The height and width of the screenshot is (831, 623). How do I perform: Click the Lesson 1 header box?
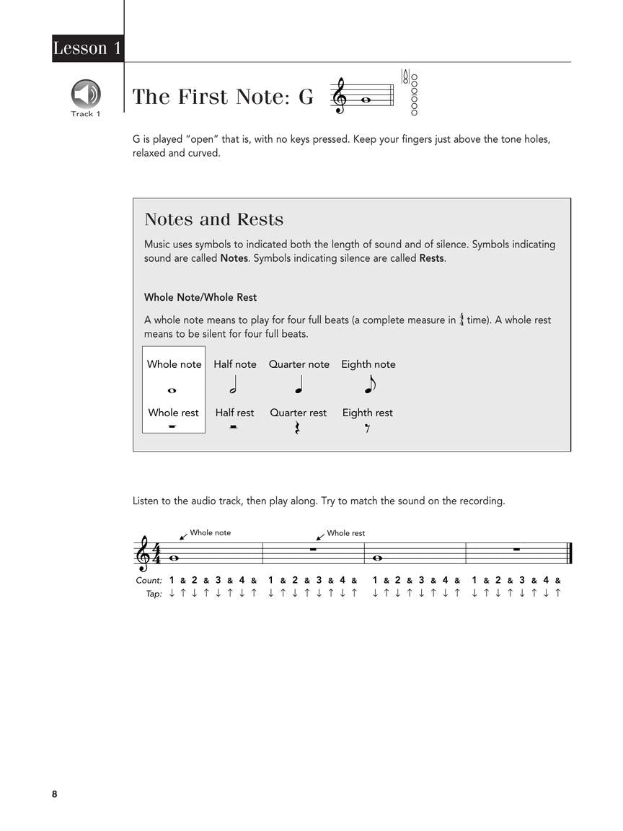click(x=87, y=48)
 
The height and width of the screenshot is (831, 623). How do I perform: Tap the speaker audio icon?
click(x=86, y=94)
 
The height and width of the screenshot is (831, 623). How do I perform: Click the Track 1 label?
click(x=86, y=114)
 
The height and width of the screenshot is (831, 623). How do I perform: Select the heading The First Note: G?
click(x=223, y=97)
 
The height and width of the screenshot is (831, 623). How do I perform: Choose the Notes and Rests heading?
click(x=213, y=219)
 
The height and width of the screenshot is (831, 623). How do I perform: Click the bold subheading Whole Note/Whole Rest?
click(x=200, y=297)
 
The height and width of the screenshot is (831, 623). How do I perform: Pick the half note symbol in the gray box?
click(x=234, y=387)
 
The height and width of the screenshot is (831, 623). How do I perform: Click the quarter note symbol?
click(x=299, y=387)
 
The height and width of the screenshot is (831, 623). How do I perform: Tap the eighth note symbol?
click(x=370, y=386)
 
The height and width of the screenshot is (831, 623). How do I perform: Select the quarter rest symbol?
click(x=298, y=428)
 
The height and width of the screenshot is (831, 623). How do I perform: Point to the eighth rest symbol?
click(x=367, y=428)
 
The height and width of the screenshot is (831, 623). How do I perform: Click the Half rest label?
click(x=234, y=413)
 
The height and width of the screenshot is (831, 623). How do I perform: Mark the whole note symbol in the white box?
click(x=172, y=390)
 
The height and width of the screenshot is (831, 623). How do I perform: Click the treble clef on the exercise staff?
click(x=143, y=554)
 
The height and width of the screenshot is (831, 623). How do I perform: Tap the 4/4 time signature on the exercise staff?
click(x=157, y=554)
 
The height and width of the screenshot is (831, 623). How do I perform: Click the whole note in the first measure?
click(x=173, y=558)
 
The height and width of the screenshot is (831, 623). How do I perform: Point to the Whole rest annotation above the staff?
click(x=345, y=533)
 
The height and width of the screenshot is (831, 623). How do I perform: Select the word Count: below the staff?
click(x=149, y=580)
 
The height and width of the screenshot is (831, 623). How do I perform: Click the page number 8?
click(x=55, y=794)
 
